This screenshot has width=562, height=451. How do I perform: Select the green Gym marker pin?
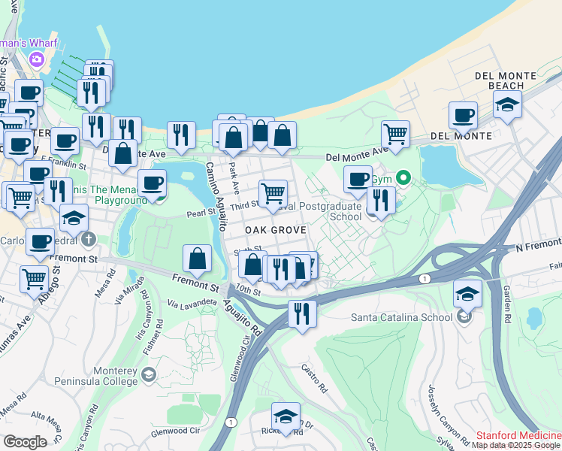coord(403,178)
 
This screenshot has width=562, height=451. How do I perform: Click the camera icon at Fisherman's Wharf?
coord(35,59)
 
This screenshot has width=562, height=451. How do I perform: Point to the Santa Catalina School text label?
coord(402,316)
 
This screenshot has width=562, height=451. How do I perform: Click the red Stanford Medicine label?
coord(519,435)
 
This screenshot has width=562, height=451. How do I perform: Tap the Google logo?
coord(25,442)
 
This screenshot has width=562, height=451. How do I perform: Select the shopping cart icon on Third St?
coord(273,193)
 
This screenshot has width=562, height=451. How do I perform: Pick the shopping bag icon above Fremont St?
coord(197,259)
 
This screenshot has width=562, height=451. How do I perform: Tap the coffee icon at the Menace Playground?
coord(153,183)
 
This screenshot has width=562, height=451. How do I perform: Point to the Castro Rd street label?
coord(315,379)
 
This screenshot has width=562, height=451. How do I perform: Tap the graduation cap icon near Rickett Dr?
coord(286,416)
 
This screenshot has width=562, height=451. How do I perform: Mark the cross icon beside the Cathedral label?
coord(89,240)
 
